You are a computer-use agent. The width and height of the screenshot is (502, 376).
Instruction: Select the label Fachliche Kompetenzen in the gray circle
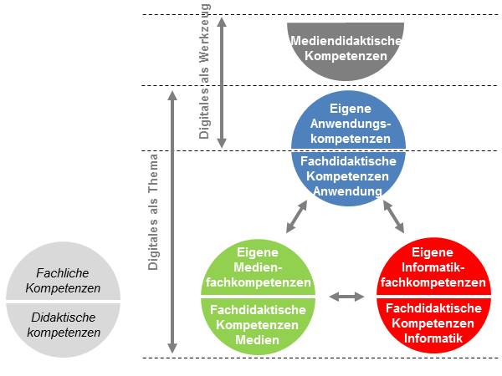click(63, 281)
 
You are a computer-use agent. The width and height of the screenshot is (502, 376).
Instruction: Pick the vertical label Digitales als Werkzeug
click(206, 71)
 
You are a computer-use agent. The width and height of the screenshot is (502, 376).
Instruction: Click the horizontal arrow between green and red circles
click(346, 297)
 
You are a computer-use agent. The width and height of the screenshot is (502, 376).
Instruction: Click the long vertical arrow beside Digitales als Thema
click(173, 222)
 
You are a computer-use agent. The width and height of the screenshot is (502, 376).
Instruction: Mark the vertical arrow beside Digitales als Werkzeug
click(222, 83)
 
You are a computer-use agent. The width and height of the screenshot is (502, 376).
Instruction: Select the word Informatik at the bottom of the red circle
click(433, 338)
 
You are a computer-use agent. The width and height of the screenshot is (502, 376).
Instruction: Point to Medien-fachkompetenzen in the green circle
click(257, 275)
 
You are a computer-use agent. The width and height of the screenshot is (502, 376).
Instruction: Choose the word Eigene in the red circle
click(433, 252)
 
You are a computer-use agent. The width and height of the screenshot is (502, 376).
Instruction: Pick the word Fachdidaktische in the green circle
click(257, 308)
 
